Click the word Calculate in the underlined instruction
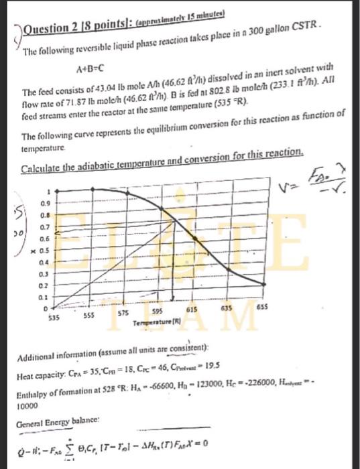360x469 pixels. pyautogui.click(x=41, y=155)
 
